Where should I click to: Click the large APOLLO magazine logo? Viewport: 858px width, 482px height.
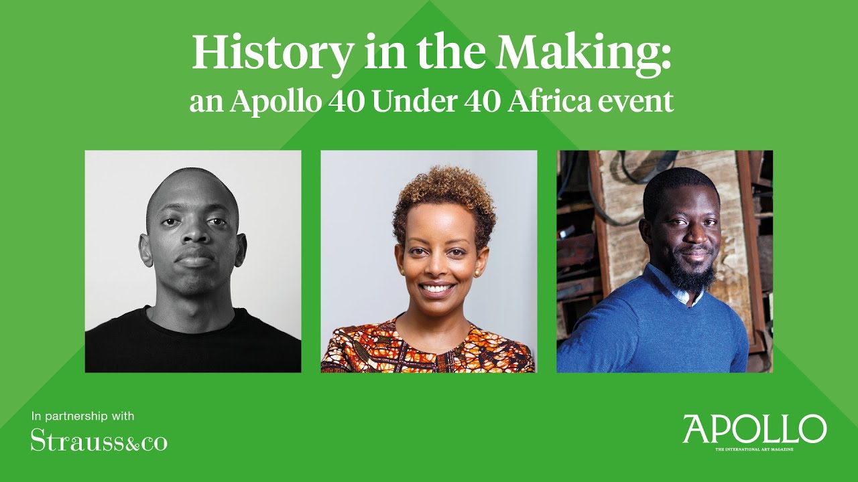pyautogui.click(x=754, y=429)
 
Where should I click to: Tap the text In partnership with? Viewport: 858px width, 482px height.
pyautogui.click(x=82, y=416)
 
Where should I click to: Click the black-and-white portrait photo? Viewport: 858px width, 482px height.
pyautogui.click(x=193, y=261)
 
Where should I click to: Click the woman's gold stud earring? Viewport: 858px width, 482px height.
pyautogui.click(x=477, y=273)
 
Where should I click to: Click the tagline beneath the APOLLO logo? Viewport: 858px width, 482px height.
pyautogui.click(x=754, y=449)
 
